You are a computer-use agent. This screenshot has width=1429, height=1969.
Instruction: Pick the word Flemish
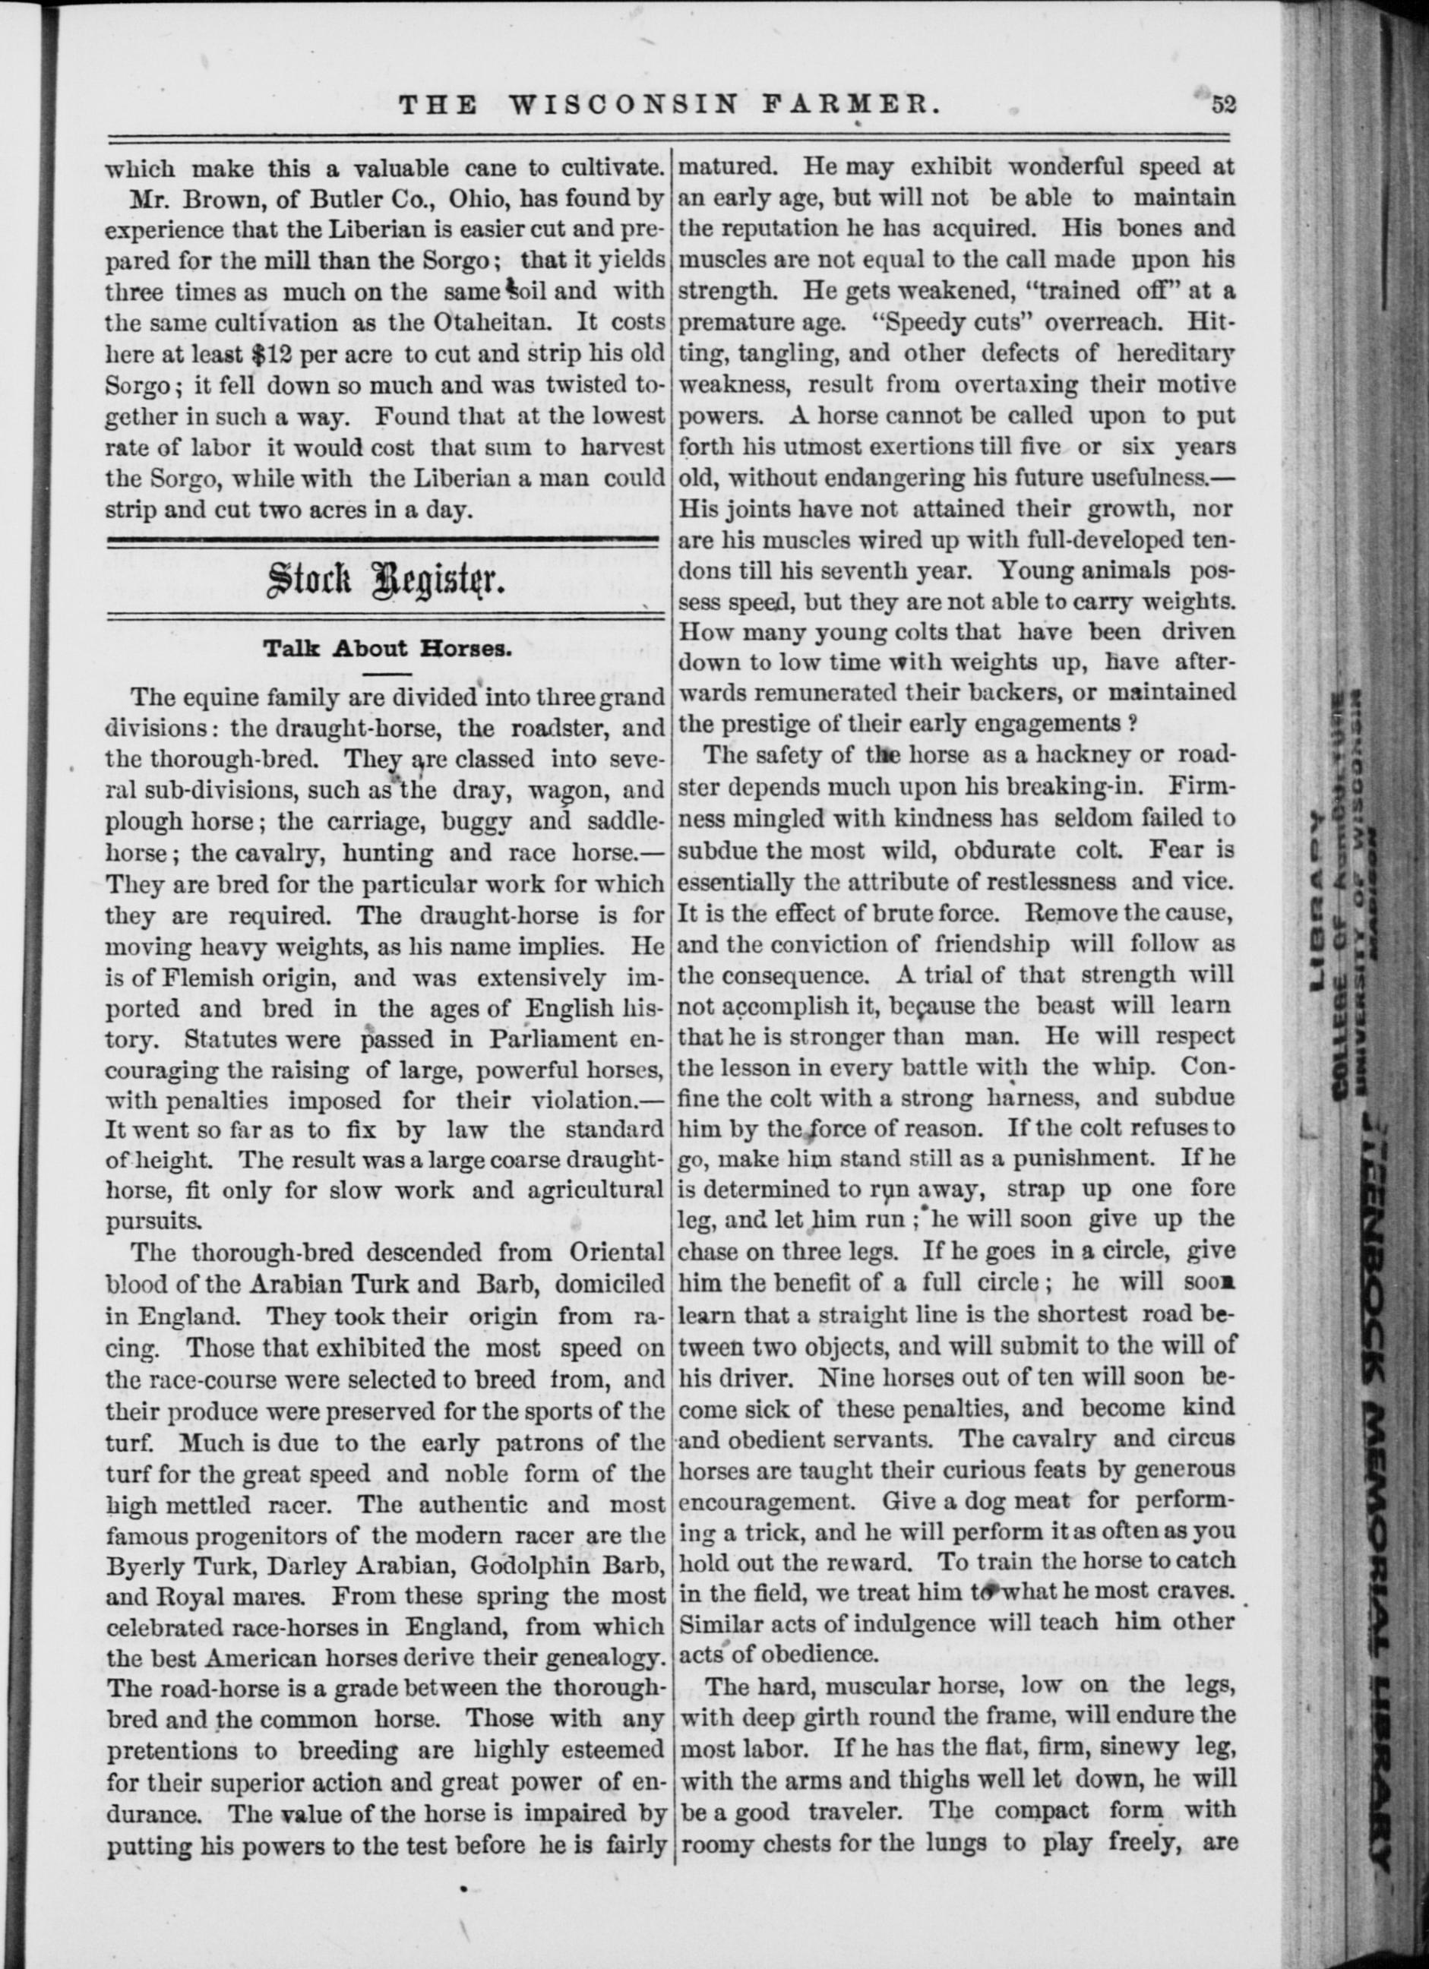pos(217,978)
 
